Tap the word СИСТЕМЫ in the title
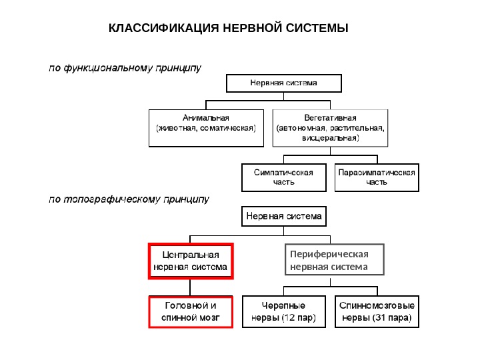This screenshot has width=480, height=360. [x=320, y=29]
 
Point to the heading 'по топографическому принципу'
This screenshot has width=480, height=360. [x=127, y=199]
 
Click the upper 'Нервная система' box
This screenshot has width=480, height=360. [x=284, y=83]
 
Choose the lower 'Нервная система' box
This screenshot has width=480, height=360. [x=284, y=217]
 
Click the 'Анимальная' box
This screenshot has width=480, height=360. [x=206, y=127]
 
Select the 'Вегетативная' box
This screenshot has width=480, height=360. [x=330, y=127]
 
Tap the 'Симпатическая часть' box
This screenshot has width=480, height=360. [x=284, y=177]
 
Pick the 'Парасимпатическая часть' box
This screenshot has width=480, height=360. [x=377, y=177]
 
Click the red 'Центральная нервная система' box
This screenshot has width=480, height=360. [x=190, y=261]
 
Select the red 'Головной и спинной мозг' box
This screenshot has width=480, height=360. [x=190, y=312]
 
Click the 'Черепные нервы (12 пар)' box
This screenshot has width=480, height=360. [x=284, y=312]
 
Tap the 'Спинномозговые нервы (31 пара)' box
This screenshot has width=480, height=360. [x=377, y=312]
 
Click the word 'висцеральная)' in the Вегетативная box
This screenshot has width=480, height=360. [x=330, y=138]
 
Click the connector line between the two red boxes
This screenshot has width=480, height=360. [x=190, y=287]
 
